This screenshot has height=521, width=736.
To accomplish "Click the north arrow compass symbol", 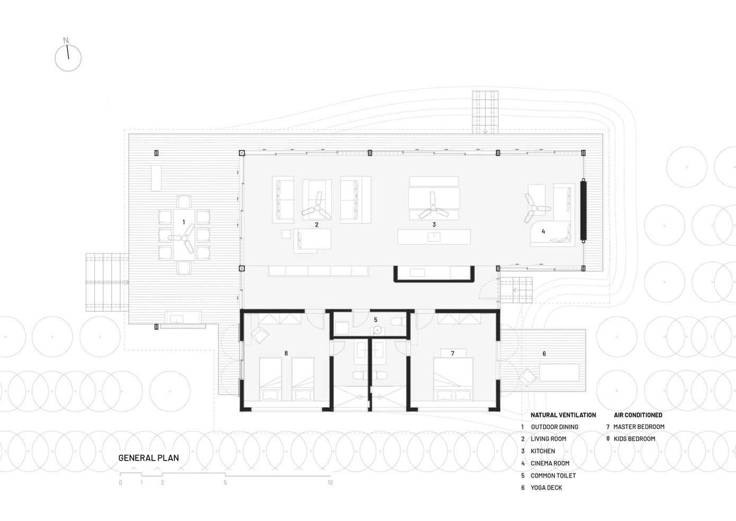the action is pos(68,58).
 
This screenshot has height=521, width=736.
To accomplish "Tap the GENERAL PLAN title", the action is pos(148,458).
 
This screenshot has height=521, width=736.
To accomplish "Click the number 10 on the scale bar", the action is pos(330,482).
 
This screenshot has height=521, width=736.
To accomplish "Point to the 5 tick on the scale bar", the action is pos(226,474).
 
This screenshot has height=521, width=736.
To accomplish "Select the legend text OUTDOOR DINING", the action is pos(554,427).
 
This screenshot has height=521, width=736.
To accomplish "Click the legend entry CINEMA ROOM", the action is pos(550,463).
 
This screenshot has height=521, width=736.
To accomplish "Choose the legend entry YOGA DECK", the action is pos(546,488).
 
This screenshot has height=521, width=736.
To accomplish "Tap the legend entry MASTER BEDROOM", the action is pos(639,427).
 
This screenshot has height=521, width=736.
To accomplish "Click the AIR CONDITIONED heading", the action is pos(638,415).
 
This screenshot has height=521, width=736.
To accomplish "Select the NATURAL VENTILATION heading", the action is pos(563,415).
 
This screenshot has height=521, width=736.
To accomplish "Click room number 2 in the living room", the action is pos(317,225).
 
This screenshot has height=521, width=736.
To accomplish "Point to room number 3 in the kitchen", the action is pos(434,225).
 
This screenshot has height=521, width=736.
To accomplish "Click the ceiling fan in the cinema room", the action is pos(534,208).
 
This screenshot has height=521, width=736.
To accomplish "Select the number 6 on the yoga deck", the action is pos(544,354).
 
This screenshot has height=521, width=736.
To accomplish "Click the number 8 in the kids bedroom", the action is pos(286,354).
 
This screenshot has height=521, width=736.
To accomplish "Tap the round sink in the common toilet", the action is pos(378,330).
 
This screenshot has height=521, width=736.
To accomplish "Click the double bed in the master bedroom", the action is pos(453,378).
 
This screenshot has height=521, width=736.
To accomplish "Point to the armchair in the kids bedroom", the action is pos(260,335).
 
